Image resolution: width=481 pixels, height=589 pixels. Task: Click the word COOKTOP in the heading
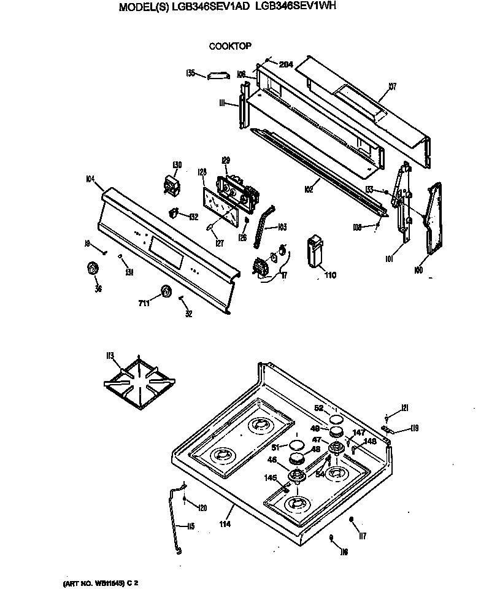coord(230,45)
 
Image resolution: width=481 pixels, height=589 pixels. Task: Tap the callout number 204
coord(285,64)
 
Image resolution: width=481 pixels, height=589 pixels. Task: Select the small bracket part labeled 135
coord(217,75)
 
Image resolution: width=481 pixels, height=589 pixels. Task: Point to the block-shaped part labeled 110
coord(314,252)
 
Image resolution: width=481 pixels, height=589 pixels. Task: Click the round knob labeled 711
coord(164,292)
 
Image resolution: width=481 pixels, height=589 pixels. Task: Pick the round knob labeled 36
coord(94,268)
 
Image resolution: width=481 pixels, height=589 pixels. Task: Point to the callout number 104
coord(90,179)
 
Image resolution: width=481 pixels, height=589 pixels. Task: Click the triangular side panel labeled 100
coord(437,218)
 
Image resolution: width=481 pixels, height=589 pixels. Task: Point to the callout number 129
coord(225,161)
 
